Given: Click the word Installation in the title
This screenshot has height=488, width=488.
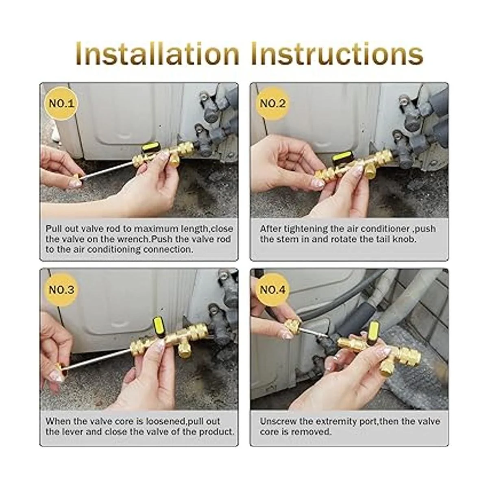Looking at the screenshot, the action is tap(157, 54).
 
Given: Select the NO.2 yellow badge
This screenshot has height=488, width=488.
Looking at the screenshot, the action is tap(272, 103).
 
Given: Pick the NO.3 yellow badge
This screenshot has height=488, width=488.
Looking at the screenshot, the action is tap(61, 290).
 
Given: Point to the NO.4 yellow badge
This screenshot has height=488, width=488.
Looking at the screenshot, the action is tap(272, 290).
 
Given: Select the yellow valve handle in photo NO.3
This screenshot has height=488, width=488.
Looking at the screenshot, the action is tap(159, 326).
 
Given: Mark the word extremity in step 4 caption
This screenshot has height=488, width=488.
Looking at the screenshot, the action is tap(335, 422).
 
